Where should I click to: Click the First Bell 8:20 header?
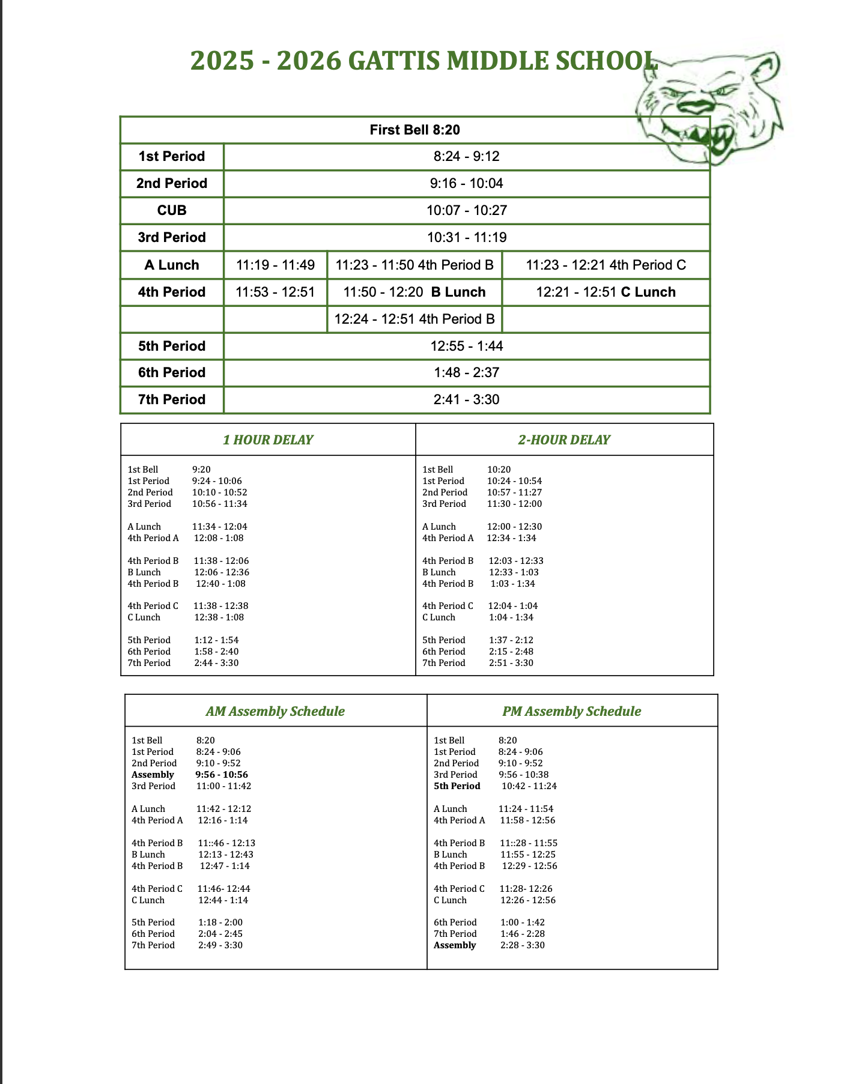[x=414, y=130]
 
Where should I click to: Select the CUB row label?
[x=172, y=210]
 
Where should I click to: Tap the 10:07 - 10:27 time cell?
[x=466, y=210]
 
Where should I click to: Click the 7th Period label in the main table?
[x=172, y=399]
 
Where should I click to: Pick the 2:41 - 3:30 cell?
[x=466, y=399]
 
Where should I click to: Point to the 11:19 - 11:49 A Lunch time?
[x=275, y=265]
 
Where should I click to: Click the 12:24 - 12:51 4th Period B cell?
[x=414, y=319]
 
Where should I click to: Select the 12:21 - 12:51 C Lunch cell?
[x=606, y=292]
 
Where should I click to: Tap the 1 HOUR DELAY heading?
[x=268, y=440]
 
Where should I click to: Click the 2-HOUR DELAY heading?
[x=564, y=440]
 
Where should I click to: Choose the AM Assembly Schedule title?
[x=275, y=711]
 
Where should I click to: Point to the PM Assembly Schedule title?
[x=572, y=711]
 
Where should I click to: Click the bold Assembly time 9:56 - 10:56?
[x=222, y=775]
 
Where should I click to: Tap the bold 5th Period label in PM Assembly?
[x=457, y=786]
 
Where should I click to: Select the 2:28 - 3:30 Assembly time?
[x=523, y=945]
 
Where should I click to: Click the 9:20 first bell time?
[x=201, y=470]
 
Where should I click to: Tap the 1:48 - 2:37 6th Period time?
[x=466, y=372]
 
